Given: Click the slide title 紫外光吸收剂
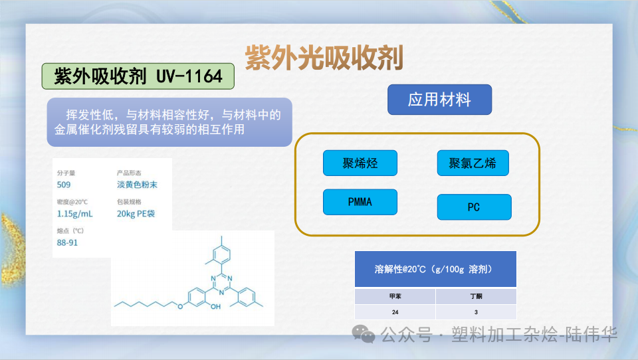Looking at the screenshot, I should click(324, 58).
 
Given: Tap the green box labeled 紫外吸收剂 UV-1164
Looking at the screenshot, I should click(138, 76).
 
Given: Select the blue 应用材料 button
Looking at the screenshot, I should click(439, 100).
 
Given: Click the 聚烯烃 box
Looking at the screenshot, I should click(360, 163).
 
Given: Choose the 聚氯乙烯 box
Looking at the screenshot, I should click(473, 163).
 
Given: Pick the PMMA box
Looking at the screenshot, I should click(360, 202).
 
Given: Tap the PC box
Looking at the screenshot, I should click(474, 207).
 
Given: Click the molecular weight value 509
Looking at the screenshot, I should click(64, 185).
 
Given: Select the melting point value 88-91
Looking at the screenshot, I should click(68, 242).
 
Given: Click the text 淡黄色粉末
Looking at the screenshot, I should click(137, 185).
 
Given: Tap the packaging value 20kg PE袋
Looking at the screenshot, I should click(136, 214).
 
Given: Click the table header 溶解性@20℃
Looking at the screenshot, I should click(435, 269).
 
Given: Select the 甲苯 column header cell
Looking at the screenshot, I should click(395, 296).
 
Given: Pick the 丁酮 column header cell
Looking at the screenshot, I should click(476, 296).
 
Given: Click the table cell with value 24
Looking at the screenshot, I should click(395, 312).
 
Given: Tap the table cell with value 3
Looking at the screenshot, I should click(476, 312).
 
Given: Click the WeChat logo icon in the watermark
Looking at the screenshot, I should click(364, 334).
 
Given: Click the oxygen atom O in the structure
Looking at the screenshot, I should click(180, 306).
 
